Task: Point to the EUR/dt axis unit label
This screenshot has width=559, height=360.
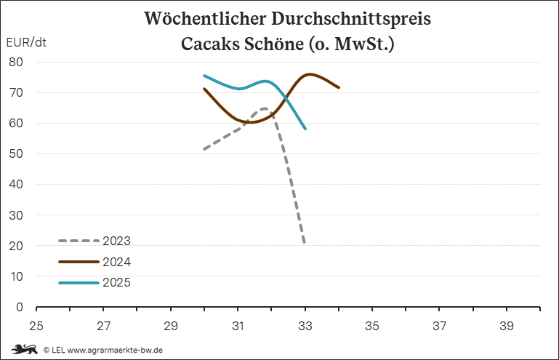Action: point(26,41)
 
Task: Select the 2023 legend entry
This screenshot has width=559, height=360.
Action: point(116,241)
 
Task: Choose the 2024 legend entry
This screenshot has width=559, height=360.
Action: point(116,262)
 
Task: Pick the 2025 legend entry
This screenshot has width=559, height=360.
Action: point(116,282)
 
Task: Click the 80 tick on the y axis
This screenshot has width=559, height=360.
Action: point(17,62)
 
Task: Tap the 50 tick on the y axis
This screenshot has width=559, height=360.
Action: point(17,154)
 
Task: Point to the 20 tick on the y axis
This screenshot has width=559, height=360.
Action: point(17,246)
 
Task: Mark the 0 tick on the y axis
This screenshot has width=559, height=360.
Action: point(20,307)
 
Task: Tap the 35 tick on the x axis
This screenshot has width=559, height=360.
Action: point(372,326)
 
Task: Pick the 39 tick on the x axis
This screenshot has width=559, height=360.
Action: point(507,326)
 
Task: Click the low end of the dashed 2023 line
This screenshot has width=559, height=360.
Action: point(305,242)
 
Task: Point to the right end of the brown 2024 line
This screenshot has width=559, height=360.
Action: point(339,87)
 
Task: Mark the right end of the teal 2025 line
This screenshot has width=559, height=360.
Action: point(305,128)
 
